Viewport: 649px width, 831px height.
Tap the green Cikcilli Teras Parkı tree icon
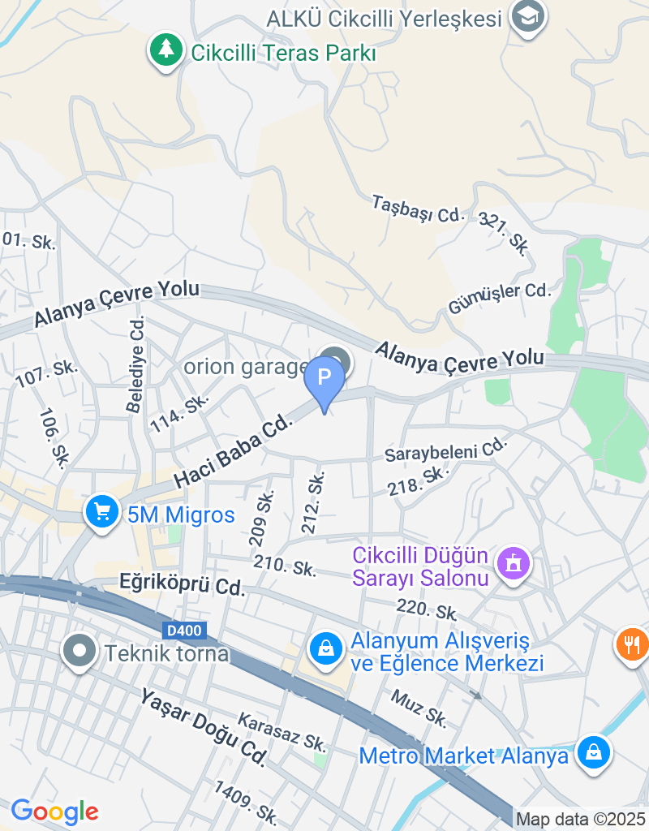(166, 50)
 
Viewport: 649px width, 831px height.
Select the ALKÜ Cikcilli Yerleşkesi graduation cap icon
(528, 16)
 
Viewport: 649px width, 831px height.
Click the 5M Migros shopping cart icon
(102, 514)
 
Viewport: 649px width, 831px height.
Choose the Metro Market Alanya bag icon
(594, 754)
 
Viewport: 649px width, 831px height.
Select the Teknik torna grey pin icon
(80, 652)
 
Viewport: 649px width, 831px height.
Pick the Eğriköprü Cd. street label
(182, 583)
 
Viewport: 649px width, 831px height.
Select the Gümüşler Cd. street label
(499, 299)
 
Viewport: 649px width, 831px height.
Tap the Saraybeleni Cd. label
(445, 449)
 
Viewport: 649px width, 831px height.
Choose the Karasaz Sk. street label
(282, 731)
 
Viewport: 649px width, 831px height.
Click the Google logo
(54, 811)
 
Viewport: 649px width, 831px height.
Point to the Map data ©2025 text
(580, 820)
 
